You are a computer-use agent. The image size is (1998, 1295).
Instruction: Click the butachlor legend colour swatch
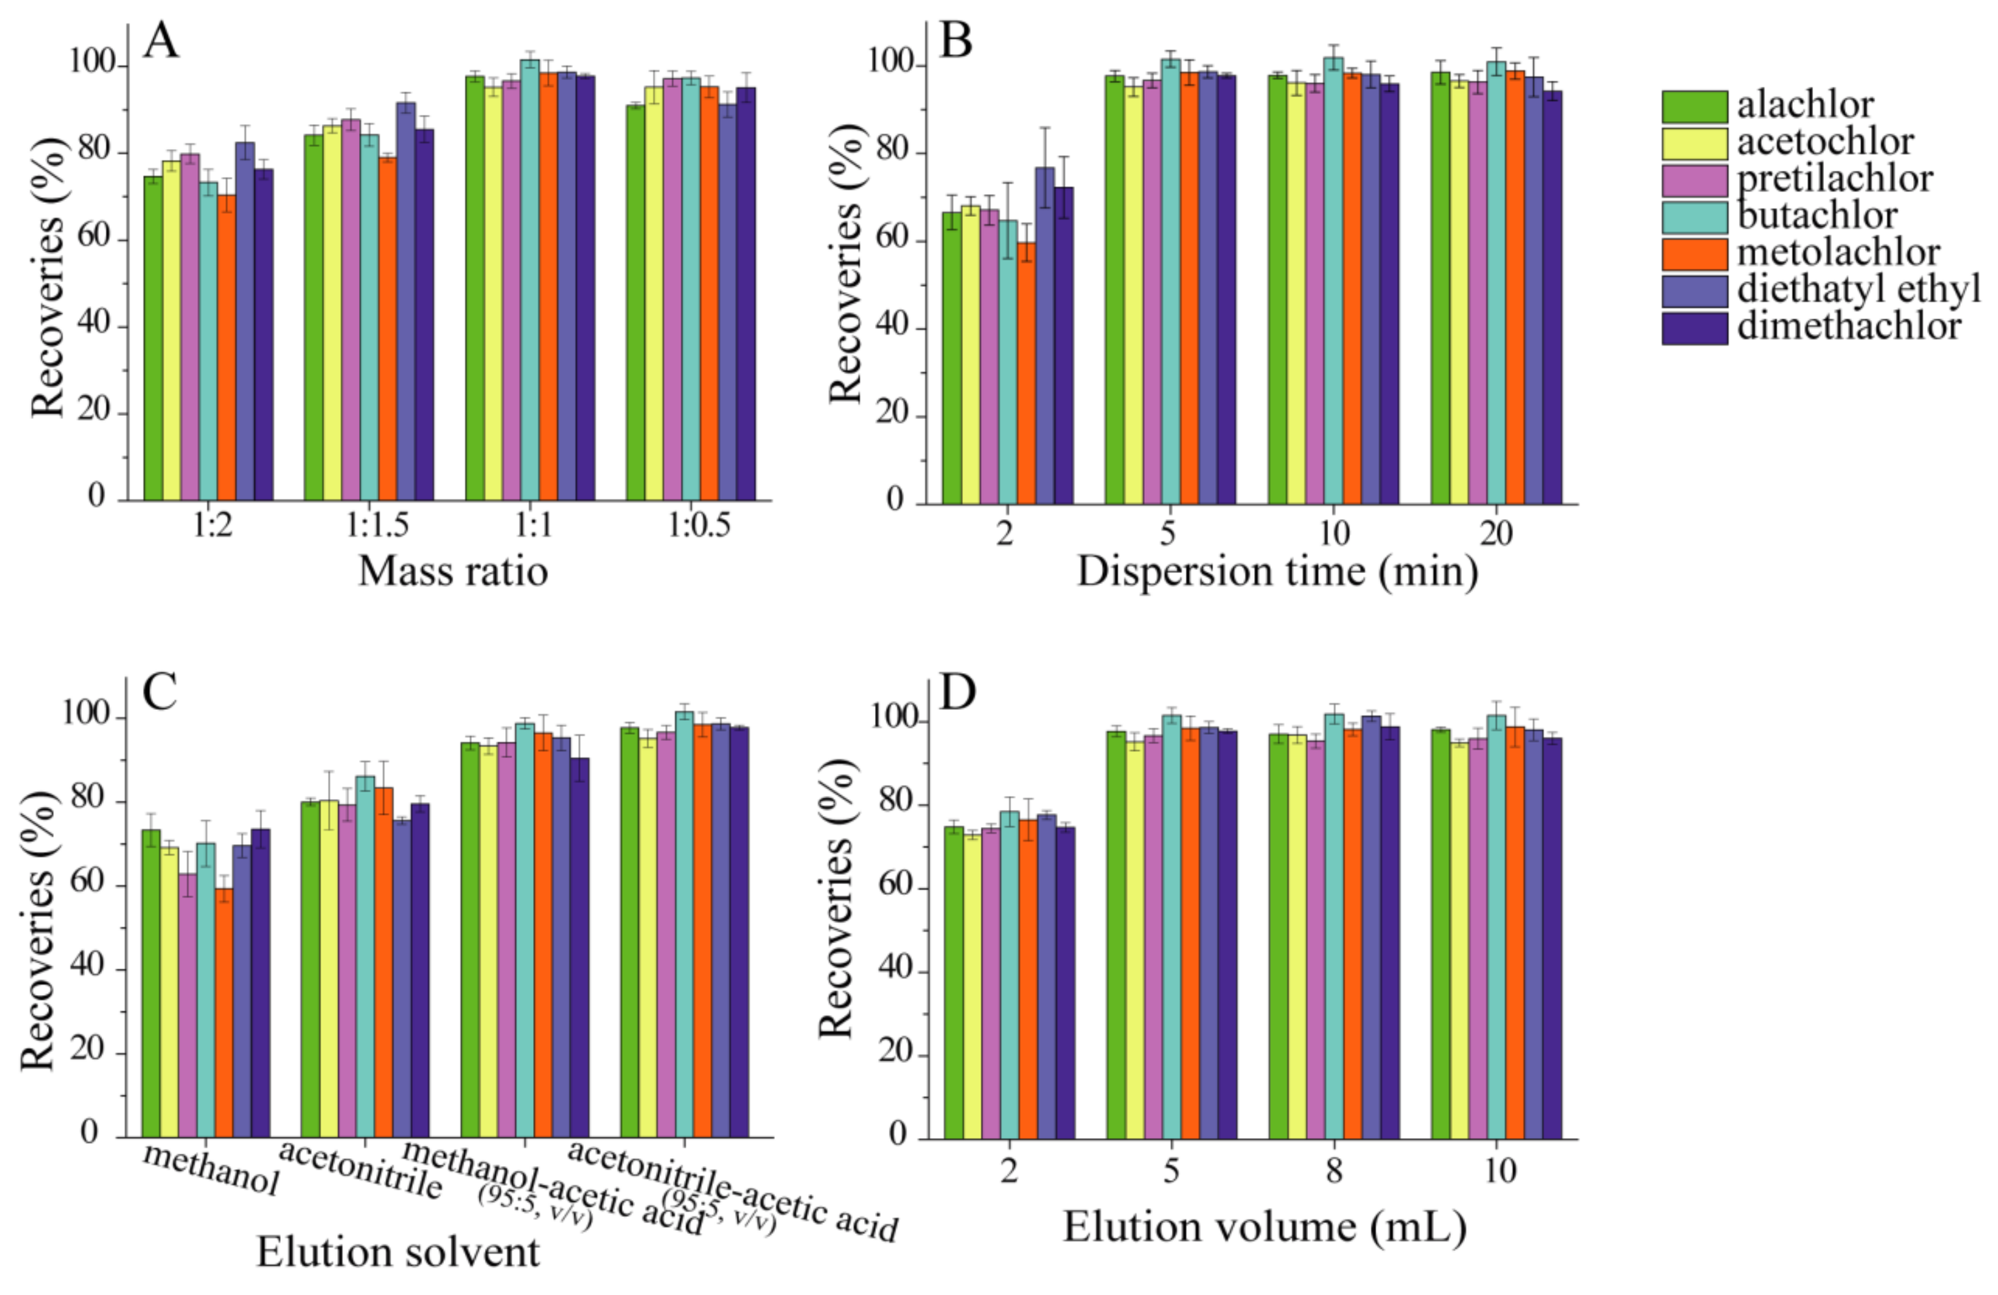pyautogui.click(x=1694, y=217)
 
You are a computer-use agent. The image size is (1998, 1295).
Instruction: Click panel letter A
pyautogui.click(x=161, y=41)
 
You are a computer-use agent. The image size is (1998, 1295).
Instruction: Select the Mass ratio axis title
pyautogui.click(x=452, y=572)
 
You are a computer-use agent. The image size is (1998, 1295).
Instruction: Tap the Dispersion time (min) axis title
pyautogui.click(x=1277, y=572)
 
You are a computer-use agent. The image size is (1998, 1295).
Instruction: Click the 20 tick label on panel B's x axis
pyautogui.click(x=1495, y=533)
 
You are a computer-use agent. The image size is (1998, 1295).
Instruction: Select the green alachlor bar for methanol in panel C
pyautogui.click(x=150, y=983)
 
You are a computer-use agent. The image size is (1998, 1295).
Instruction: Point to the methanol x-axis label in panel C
pyautogui.click(x=210, y=1167)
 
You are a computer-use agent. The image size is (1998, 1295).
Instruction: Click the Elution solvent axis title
pyautogui.click(x=397, y=1252)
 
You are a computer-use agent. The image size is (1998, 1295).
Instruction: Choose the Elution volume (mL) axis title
pyautogui.click(x=1264, y=1227)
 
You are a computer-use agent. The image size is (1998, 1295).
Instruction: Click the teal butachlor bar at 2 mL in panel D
pyautogui.click(x=1009, y=974)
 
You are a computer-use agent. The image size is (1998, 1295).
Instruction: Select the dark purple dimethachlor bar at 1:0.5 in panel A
pyautogui.click(x=746, y=294)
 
